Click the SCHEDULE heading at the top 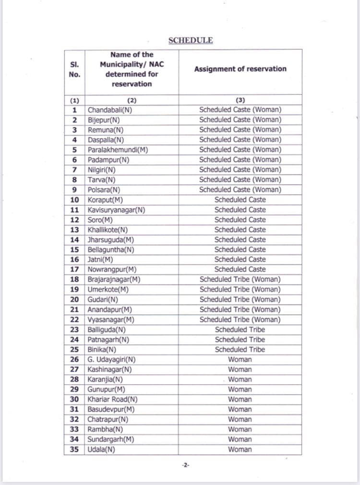[191, 40]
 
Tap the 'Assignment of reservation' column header [240, 69]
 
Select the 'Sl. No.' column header [74, 69]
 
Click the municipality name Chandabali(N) [110, 110]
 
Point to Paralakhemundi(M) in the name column [118, 150]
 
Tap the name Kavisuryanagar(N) [116, 210]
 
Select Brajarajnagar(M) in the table [114, 279]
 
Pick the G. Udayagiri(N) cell [111, 359]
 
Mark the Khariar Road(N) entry [112, 399]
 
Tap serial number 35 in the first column [74, 450]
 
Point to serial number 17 [74, 270]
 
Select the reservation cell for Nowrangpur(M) [240, 270]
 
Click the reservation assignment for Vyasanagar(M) [240, 319]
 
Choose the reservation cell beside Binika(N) [240, 349]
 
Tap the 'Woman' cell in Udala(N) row [240, 450]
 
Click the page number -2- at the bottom [185, 465]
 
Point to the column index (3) [240, 100]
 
